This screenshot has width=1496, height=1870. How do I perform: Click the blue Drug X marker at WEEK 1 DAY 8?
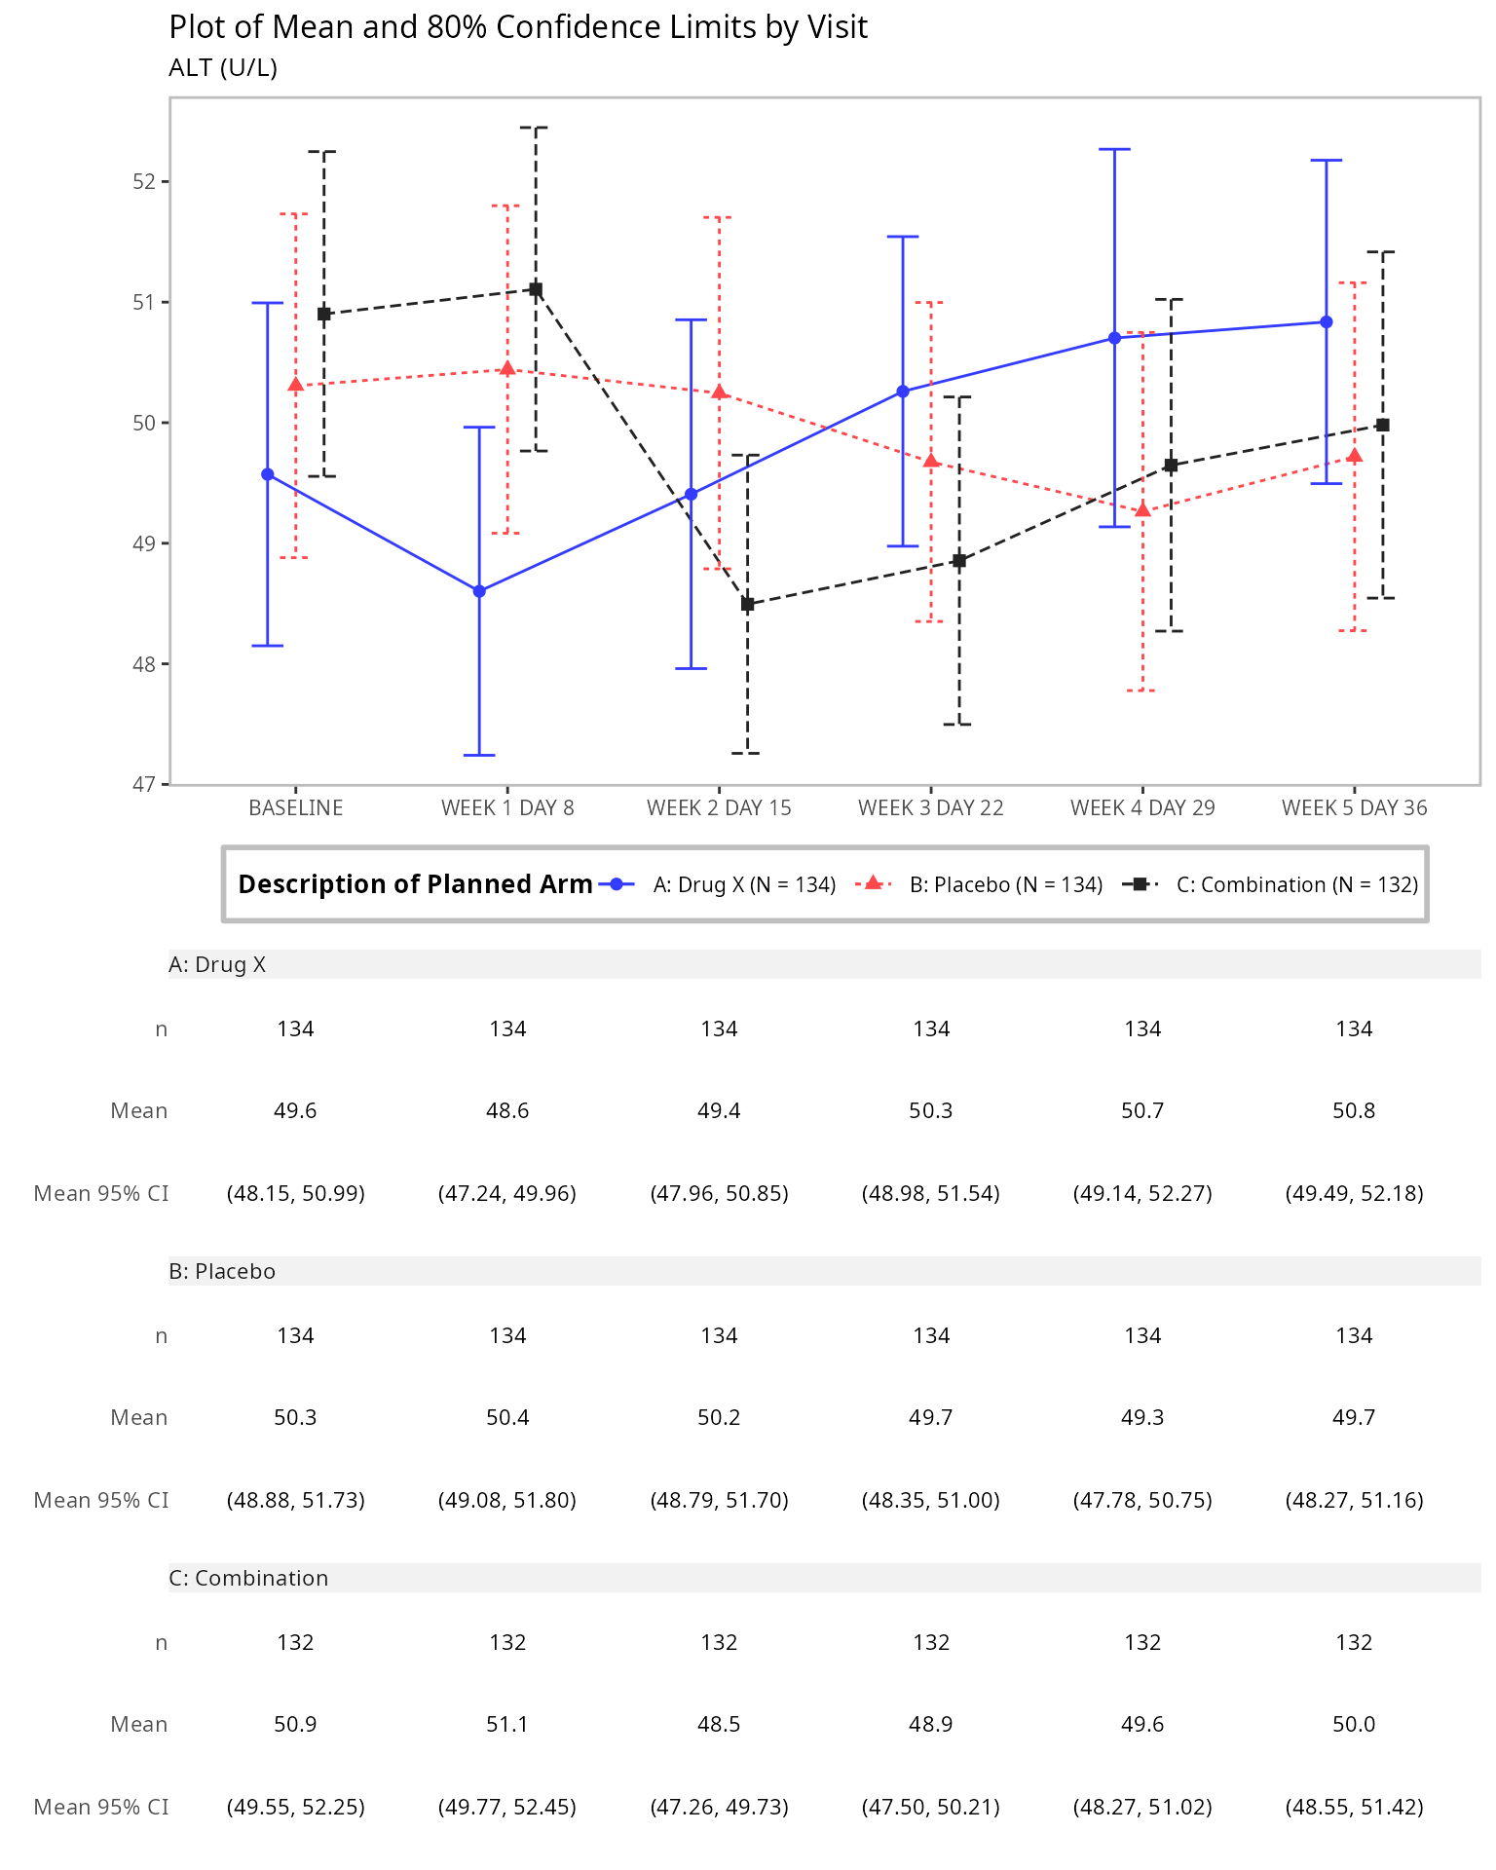(479, 591)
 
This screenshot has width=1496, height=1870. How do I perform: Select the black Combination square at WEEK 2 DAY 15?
(747, 605)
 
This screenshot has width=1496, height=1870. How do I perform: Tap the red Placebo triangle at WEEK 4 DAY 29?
(1142, 510)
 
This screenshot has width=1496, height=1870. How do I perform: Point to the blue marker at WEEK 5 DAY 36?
(1326, 322)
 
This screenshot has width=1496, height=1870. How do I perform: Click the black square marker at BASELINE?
(324, 314)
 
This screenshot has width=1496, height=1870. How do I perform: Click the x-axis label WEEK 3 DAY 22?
(930, 808)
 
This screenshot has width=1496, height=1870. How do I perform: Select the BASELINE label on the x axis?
(295, 808)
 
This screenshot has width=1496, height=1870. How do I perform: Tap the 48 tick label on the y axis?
(144, 664)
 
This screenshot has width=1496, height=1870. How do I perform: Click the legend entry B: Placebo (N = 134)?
(1005, 884)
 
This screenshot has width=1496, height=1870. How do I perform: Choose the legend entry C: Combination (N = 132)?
(1296, 884)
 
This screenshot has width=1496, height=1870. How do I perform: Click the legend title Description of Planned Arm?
(415, 884)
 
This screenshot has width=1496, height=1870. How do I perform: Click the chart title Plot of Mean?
(517, 27)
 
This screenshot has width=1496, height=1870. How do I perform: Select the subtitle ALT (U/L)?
(223, 68)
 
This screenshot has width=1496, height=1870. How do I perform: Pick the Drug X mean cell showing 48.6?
(507, 1111)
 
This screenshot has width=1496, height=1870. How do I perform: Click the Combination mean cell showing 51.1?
(507, 1725)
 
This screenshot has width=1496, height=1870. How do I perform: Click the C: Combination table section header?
(248, 1578)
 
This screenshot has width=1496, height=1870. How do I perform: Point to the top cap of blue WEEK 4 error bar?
(1114, 150)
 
